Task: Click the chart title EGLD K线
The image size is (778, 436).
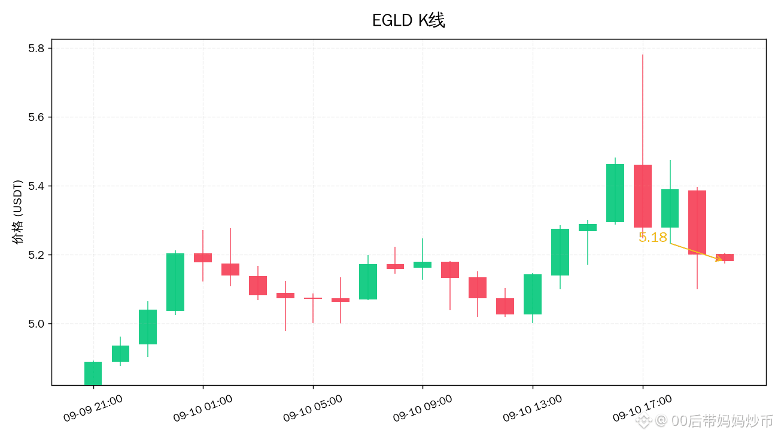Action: coord(408,20)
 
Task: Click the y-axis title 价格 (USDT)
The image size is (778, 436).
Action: coord(17,212)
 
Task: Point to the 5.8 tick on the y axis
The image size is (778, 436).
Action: coord(37,49)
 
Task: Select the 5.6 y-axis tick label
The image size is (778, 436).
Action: coord(37,117)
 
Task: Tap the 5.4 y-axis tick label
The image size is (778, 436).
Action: coord(37,186)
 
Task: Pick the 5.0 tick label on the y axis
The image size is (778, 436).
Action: coord(37,323)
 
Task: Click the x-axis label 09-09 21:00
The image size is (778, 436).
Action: coord(93,408)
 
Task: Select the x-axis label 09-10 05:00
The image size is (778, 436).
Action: coord(313,408)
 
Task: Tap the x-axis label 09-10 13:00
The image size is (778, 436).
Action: coord(533,408)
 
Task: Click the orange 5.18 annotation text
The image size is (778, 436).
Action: coord(652,238)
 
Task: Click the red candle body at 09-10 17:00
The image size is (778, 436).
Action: coord(643,196)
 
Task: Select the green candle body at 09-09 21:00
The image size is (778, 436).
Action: coord(93,374)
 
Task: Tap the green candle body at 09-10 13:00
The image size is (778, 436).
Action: coord(533,295)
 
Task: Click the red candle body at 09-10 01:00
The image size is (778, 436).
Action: coord(203,258)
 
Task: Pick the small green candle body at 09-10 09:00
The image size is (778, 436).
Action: coord(423,265)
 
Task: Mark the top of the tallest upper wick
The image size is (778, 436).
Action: coord(643,55)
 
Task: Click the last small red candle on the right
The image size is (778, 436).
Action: coord(725,258)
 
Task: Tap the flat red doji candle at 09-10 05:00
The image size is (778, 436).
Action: coord(313,298)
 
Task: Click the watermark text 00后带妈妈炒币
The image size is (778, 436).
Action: coord(722,421)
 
